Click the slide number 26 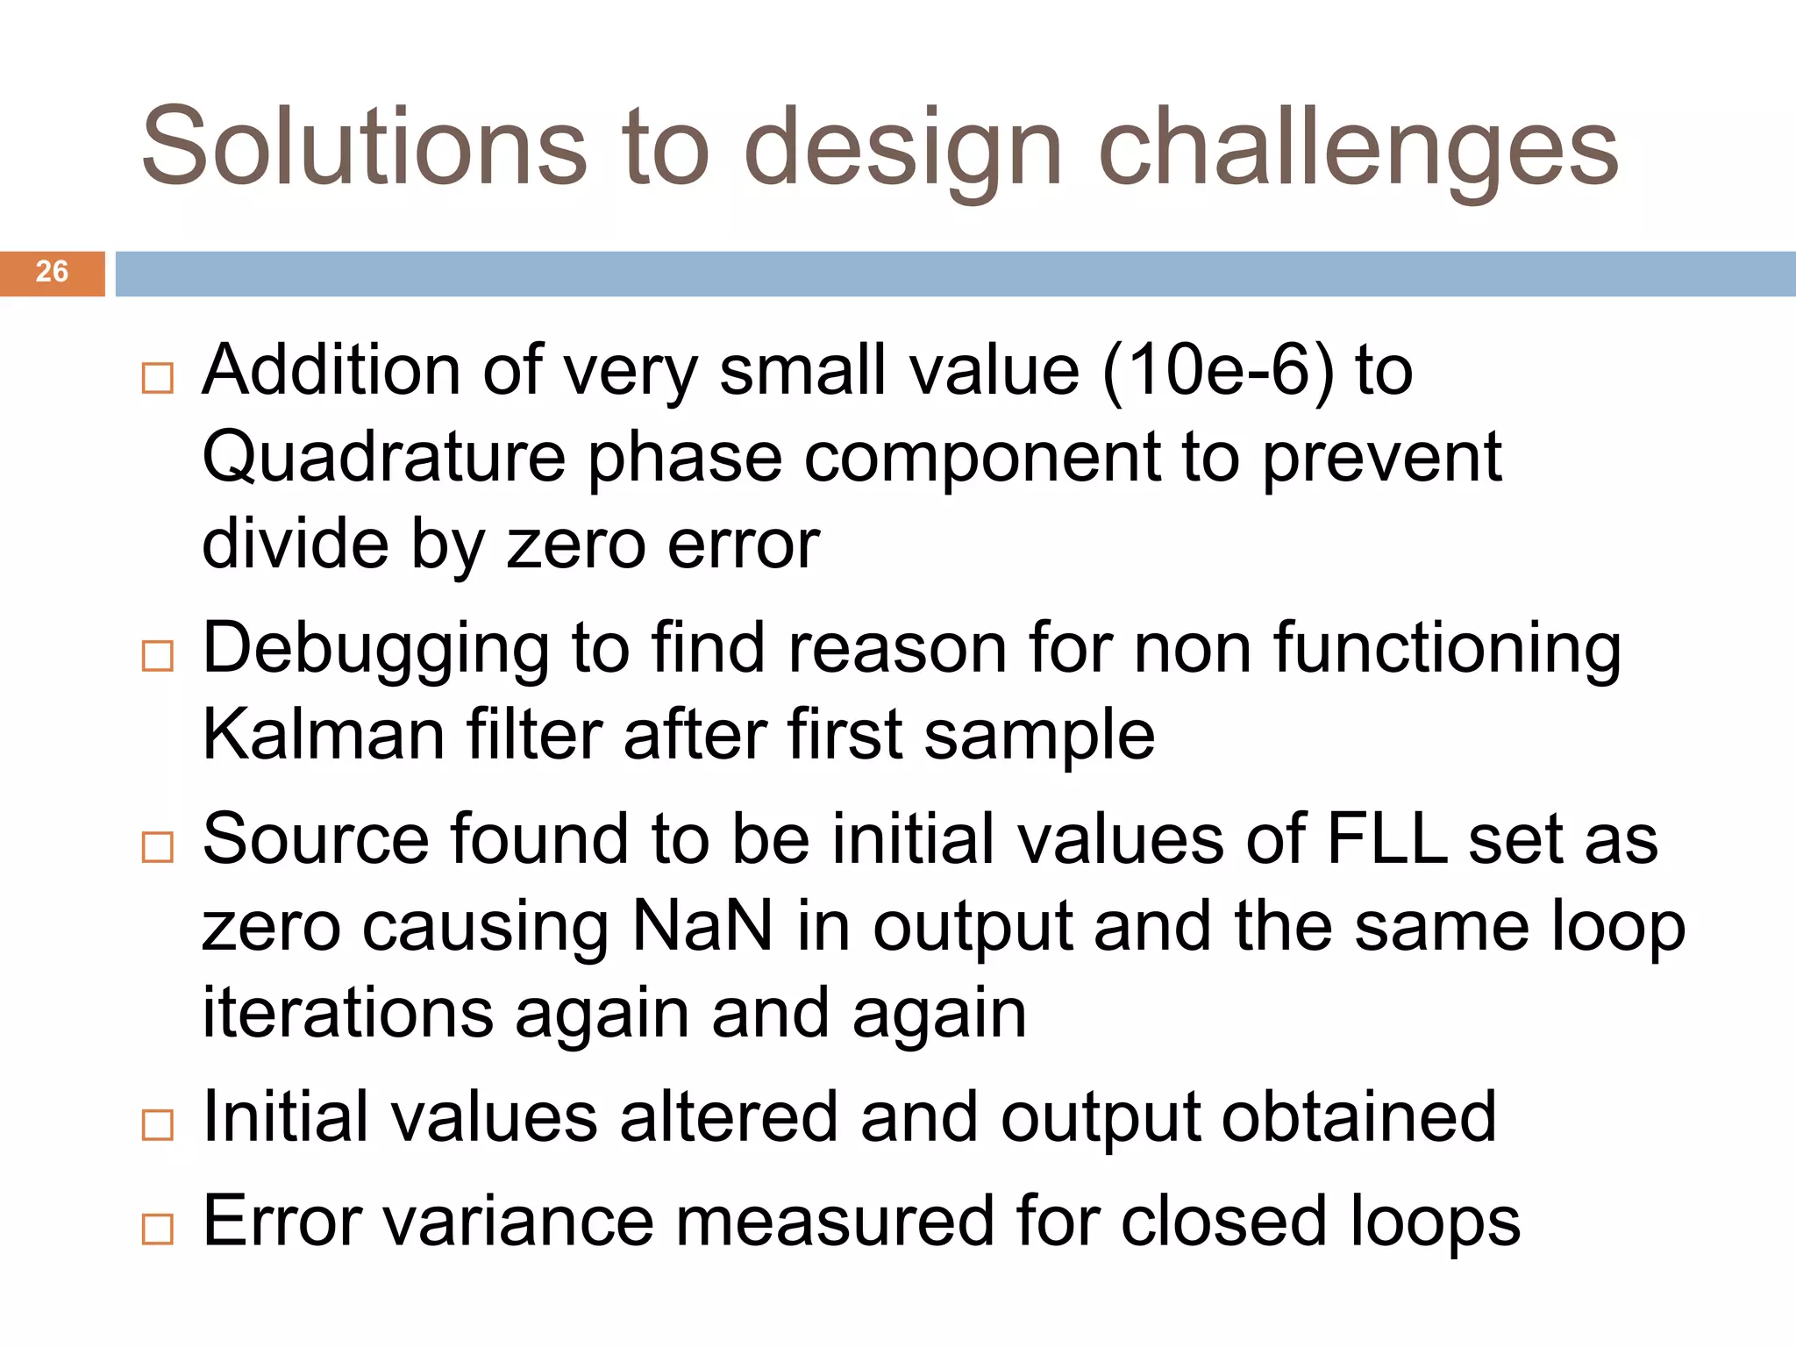[52, 272]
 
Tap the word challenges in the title [1358, 147]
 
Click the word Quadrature [384, 458]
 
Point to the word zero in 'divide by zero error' [575, 545]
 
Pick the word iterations [347, 1013]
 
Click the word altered [729, 1117]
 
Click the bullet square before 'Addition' [158, 379]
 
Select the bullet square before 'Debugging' [158, 656]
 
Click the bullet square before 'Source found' [158, 847]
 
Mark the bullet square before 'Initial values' [158, 1125]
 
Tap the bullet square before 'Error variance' [158, 1229]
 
